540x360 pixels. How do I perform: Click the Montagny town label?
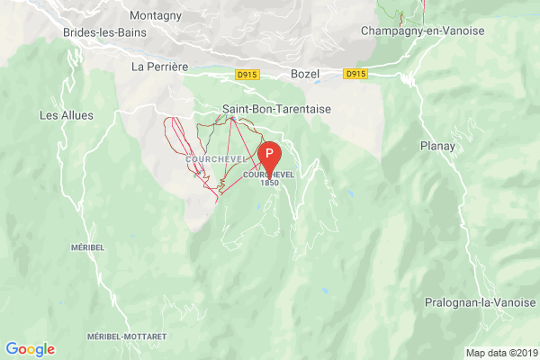pyautogui.click(x=155, y=16)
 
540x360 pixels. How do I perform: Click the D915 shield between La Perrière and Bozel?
pyautogui.click(x=247, y=75)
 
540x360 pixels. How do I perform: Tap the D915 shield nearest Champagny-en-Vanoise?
pyautogui.click(x=355, y=75)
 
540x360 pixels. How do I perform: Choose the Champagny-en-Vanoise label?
pyautogui.click(x=422, y=31)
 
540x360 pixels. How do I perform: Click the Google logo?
pyautogui.click(x=30, y=349)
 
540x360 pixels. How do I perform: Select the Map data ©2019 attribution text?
pyautogui.click(x=500, y=352)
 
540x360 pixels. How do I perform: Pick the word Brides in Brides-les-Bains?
pyautogui.click(x=80, y=32)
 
